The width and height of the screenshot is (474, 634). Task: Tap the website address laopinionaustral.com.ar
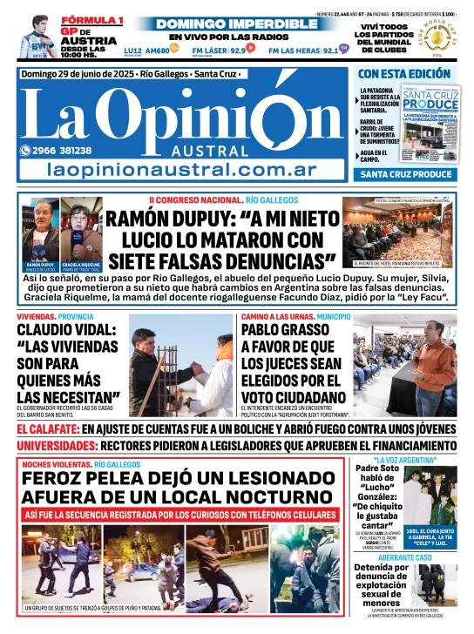tap(178, 170)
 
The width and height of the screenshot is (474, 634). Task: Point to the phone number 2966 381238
tap(62, 150)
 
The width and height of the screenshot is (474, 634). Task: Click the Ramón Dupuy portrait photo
tap(40, 233)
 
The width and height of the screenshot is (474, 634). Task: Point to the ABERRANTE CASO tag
tap(405, 556)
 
